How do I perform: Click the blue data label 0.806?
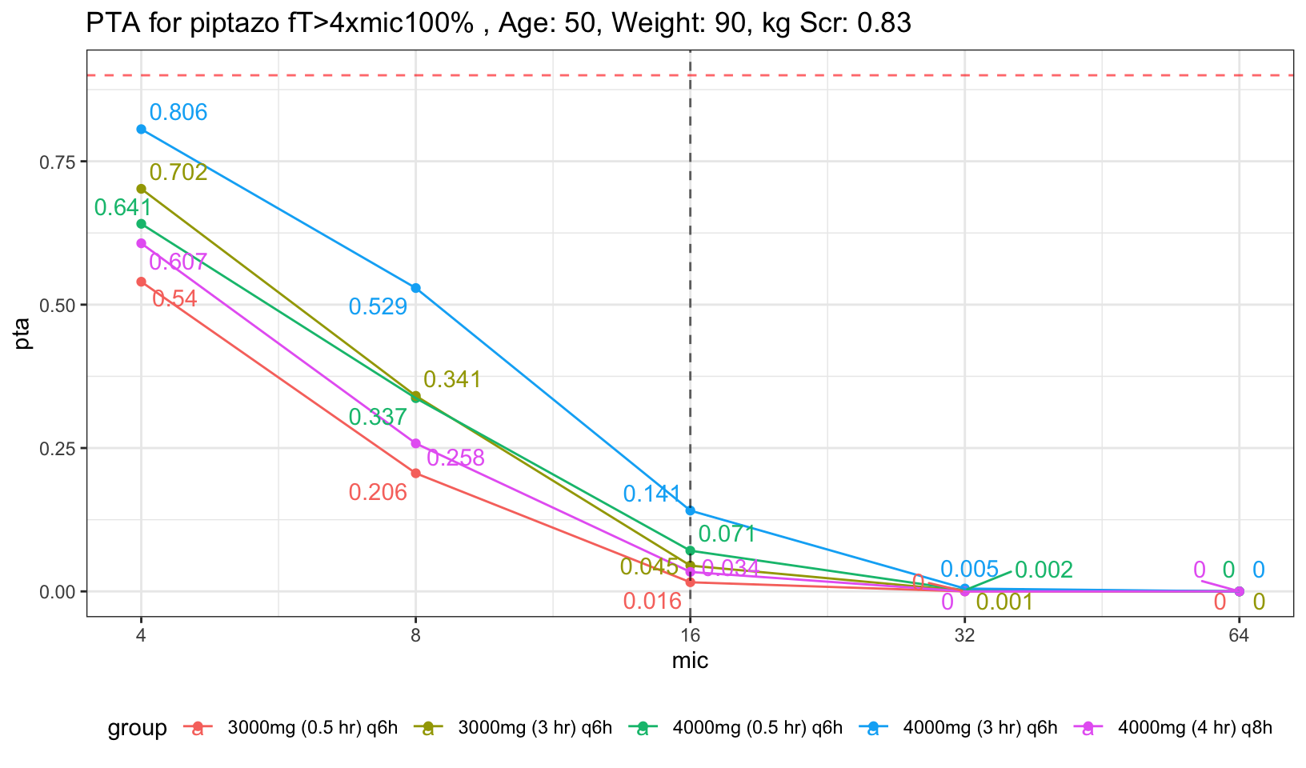178,113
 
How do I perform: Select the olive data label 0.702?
178,172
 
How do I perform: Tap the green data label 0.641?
122,208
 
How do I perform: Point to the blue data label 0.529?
378,306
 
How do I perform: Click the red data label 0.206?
378,493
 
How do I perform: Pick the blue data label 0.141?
652,494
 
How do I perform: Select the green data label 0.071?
727,534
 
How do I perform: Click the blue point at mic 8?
416,288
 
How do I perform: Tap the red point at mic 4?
142,282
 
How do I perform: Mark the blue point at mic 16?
691,510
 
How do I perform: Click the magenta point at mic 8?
416,443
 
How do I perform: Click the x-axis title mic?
690,662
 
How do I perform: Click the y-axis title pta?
23,334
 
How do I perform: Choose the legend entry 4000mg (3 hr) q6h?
980,728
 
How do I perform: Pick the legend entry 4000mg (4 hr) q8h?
1195,728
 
